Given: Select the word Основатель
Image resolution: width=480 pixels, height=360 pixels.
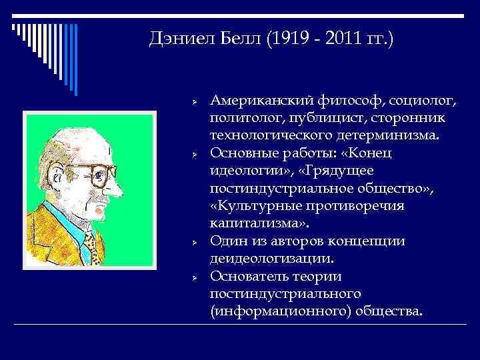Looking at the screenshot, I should pyautogui.click(x=249, y=276).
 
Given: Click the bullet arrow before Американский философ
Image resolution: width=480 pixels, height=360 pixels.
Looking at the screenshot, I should pyautogui.click(x=191, y=101).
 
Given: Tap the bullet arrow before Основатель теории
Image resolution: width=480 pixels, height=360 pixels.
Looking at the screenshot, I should pyautogui.click(x=191, y=276).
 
